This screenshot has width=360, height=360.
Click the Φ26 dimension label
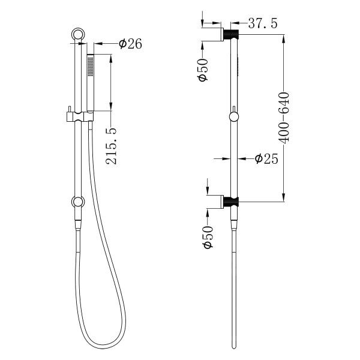pos(130,44)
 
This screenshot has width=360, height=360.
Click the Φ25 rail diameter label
pos(266,159)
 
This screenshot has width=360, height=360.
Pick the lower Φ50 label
pos(204,237)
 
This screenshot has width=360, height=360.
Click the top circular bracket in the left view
pos(77,34)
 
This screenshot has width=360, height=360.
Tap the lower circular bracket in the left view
pos(77,203)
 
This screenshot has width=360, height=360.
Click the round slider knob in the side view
pos(233,116)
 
